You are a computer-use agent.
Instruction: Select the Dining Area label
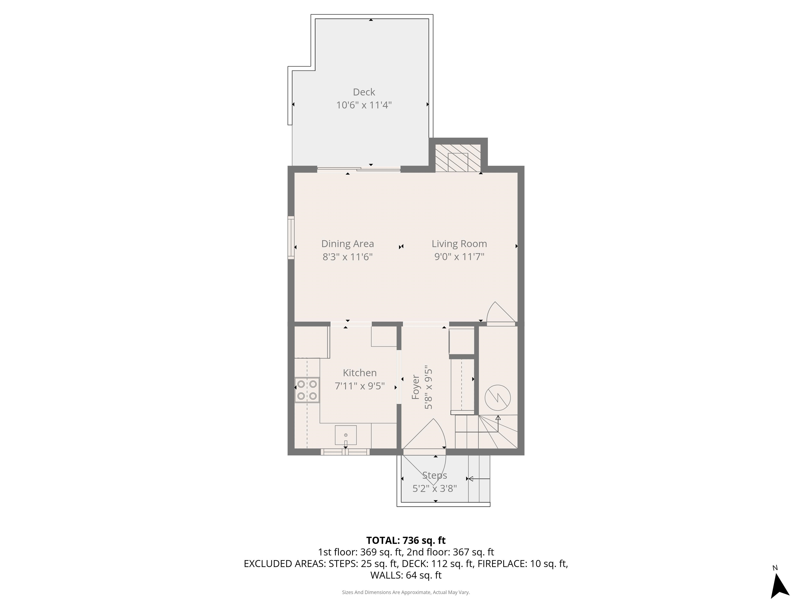[x=347, y=244]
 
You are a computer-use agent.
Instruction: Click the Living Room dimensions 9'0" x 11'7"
[x=459, y=257]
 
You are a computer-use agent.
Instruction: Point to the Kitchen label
[x=359, y=373]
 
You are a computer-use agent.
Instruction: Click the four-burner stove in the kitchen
[x=307, y=390]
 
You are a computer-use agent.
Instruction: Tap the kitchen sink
[x=345, y=435]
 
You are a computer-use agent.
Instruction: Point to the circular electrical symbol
[x=497, y=398]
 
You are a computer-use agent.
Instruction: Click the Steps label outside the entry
[x=434, y=475]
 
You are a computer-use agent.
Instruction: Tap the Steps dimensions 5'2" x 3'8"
[x=434, y=488]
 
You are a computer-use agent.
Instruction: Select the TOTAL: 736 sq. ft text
[x=406, y=540]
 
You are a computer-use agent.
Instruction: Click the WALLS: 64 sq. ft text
[x=406, y=575]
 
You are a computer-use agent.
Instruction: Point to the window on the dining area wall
[x=291, y=238]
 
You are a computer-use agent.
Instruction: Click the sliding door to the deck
[x=359, y=169]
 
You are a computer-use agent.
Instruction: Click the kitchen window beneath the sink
[x=345, y=452]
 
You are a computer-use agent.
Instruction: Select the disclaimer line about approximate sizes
[x=406, y=592]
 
